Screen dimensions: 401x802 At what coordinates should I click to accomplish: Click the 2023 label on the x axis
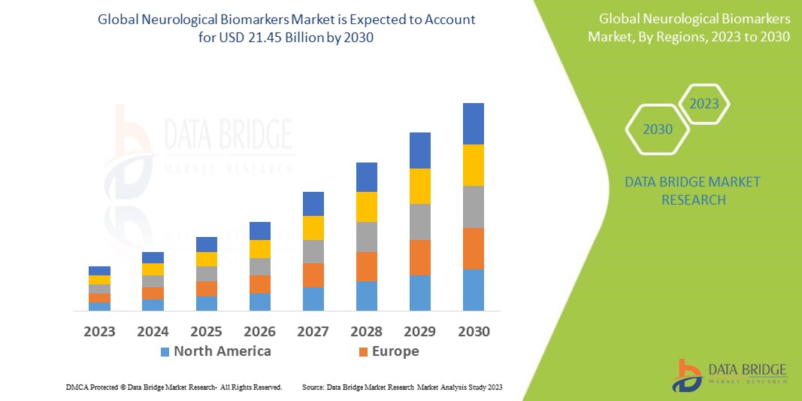coord(99,331)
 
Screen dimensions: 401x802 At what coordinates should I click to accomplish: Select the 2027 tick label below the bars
coord(313,331)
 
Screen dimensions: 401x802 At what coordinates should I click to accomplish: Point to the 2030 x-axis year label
coord(474,331)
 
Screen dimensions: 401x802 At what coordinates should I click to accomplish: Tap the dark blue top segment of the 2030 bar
coord(473,123)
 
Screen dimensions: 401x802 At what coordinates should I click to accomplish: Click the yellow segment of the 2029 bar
coord(419,186)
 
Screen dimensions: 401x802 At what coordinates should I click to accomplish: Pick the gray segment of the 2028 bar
coord(366,236)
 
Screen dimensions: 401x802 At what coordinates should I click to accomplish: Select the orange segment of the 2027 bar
coord(313,275)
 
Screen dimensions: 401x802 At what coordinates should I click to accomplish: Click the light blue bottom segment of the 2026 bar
coord(260,302)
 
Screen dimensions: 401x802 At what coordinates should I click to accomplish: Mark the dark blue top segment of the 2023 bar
coord(99,271)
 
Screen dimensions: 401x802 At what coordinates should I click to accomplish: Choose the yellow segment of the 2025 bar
coord(207,259)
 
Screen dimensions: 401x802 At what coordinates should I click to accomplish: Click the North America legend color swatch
coord(165,351)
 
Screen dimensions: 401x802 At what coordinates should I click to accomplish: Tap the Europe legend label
coord(395,351)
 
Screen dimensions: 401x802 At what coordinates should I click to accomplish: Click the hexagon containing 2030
coord(658,129)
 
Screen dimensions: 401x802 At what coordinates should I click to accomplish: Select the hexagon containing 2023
coord(704,104)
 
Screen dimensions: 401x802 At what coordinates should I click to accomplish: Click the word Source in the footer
coord(313,387)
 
